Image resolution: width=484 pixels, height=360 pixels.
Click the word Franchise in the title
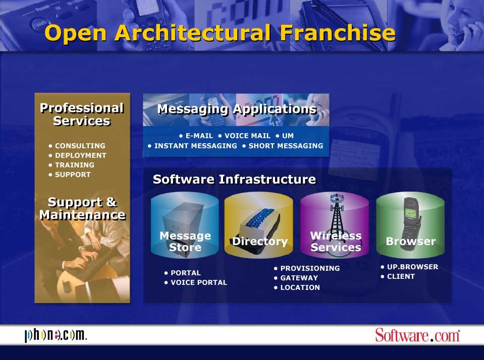point(338,33)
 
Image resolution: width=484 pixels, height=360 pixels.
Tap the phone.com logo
point(56,335)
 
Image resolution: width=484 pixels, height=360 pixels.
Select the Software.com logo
point(418,335)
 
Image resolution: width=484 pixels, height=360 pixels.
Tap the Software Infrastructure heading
point(234,179)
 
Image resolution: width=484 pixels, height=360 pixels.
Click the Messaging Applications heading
point(237,109)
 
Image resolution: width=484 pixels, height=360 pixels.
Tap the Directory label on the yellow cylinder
point(259,241)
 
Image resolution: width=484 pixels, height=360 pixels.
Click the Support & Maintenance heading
point(82,208)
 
